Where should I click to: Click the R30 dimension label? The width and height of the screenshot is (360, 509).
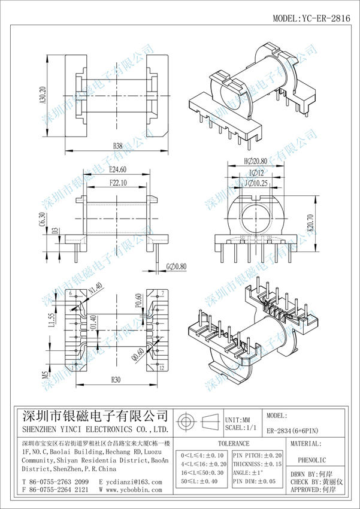coord(116,378)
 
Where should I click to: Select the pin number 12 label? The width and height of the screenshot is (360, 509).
coord(162,367)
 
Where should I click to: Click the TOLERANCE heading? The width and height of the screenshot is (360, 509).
coord(233,444)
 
